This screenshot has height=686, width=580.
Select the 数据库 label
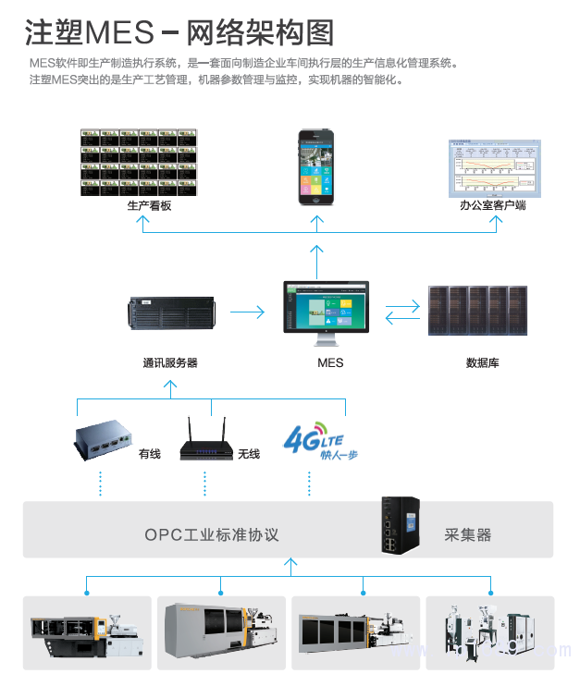482,363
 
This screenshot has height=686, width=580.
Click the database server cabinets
477,311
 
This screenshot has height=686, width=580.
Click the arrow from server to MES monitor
247,313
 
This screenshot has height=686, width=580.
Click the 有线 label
149,454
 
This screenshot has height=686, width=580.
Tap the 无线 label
249,454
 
